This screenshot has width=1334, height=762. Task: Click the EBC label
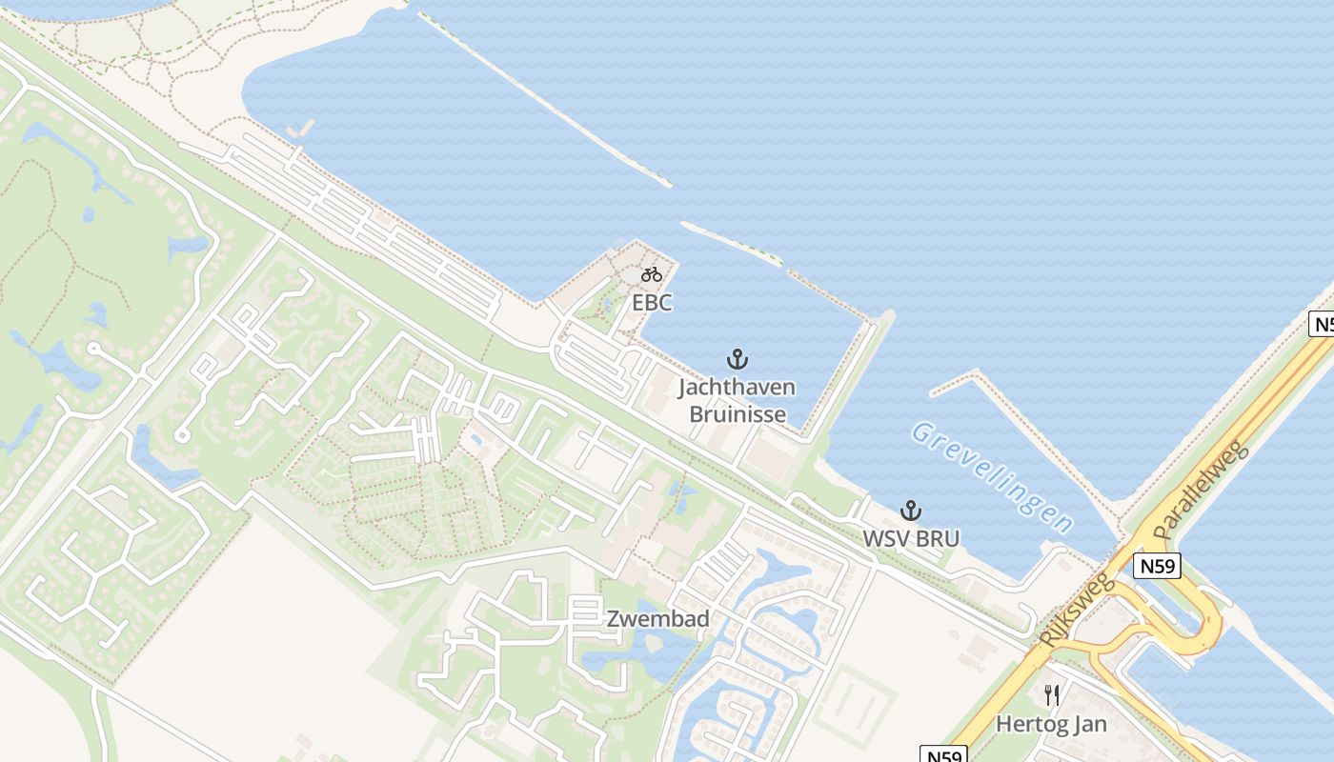coord(652,303)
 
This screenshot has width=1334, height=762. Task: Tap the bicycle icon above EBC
coord(652,275)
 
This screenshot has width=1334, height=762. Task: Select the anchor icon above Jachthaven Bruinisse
coord(737,359)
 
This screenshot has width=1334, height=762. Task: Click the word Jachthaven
coord(737,388)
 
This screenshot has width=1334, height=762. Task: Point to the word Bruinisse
coord(738,414)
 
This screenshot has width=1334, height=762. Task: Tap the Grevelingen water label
coord(992,476)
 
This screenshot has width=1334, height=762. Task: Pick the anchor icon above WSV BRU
coord(911,511)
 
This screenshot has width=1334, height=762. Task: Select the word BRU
coord(939,538)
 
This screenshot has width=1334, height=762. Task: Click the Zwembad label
coord(658,619)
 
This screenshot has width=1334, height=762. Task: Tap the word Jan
coord(1089,724)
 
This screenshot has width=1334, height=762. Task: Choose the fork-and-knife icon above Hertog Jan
coord(1052,695)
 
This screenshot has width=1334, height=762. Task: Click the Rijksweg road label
coord(1079,611)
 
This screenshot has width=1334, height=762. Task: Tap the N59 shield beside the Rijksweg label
coord(1158,567)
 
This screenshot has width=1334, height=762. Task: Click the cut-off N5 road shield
coord(1322,324)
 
